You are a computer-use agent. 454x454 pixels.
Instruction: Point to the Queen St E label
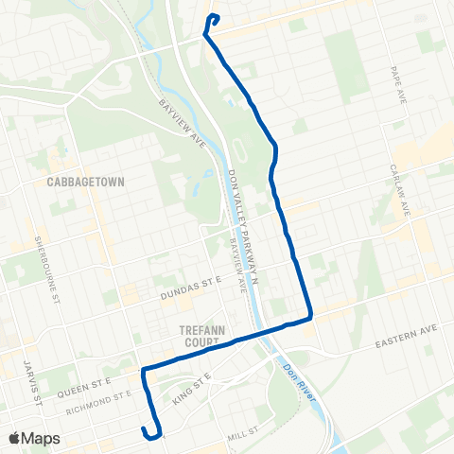point(87,384)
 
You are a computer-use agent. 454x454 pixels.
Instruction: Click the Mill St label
point(243,435)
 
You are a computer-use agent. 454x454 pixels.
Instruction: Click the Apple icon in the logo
point(14,438)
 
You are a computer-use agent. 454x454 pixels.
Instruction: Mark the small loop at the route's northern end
point(213,19)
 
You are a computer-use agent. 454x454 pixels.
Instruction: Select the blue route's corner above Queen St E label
point(143,370)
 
